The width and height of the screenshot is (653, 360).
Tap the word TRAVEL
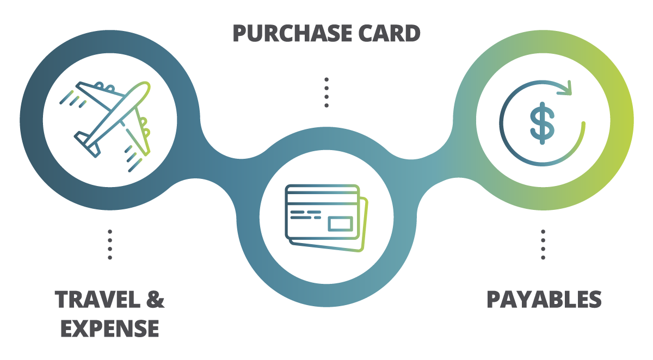click(x=97, y=299)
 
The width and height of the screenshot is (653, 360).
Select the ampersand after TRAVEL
click(x=155, y=299)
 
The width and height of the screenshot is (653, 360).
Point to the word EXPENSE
click(x=109, y=328)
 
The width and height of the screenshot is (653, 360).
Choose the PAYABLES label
click(x=544, y=299)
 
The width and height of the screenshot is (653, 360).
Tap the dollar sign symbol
click(x=542, y=123)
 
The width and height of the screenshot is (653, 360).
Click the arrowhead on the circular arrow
click(x=565, y=88)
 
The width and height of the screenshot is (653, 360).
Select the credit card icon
click(x=326, y=218)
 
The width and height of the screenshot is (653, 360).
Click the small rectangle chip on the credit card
click(x=340, y=224)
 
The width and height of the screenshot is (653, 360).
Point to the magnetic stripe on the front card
click(x=322, y=197)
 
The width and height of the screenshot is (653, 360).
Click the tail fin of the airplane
click(x=88, y=144)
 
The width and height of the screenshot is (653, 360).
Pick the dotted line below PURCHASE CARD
click(x=326, y=92)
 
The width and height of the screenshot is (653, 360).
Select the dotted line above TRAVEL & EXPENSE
click(x=110, y=245)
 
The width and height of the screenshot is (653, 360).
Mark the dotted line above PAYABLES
click(x=543, y=245)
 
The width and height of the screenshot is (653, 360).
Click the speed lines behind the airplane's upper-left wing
click(x=73, y=99)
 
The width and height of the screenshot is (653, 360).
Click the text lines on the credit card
click(x=306, y=215)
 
